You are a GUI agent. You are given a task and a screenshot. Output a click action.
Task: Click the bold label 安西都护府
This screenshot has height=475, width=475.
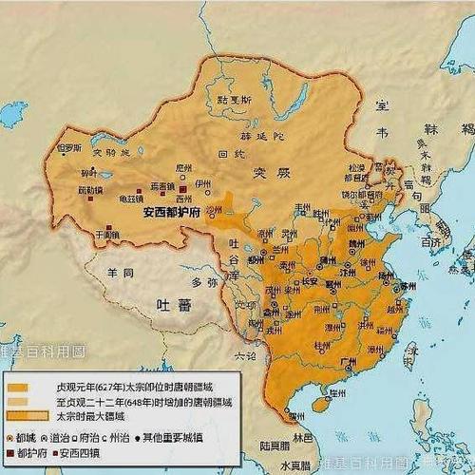click(x=174, y=214)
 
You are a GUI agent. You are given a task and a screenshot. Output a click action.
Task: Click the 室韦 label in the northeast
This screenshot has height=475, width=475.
click(x=386, y=106)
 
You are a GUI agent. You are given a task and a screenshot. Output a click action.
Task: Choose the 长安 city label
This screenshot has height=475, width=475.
click(x=311, y=281)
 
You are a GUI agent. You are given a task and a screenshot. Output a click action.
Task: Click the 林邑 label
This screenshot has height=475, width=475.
click(x=303, y=436)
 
